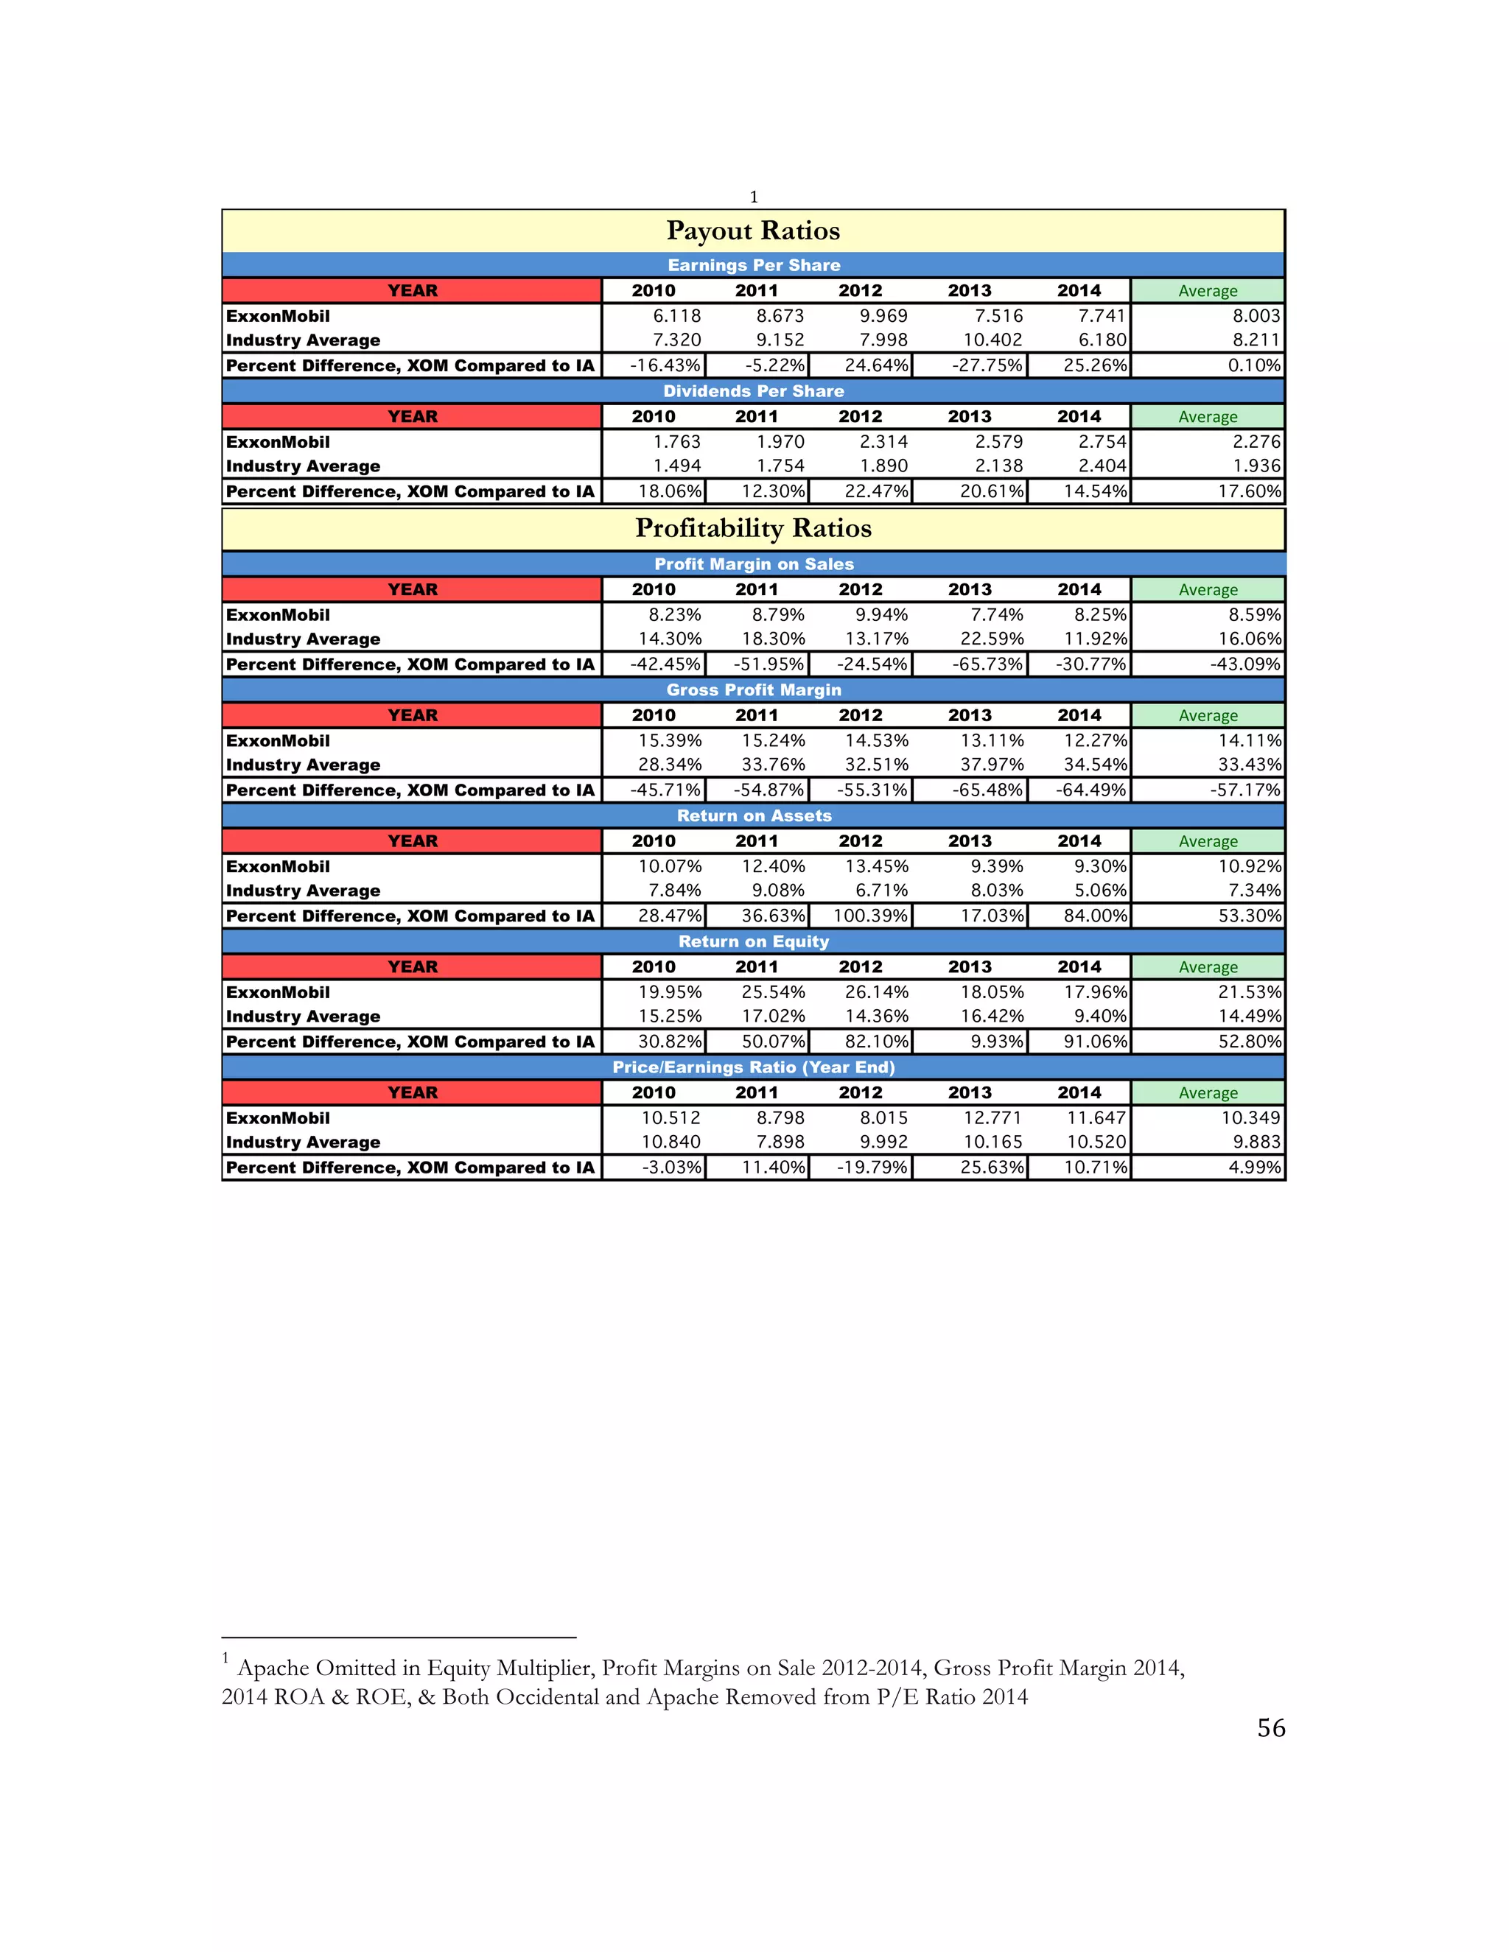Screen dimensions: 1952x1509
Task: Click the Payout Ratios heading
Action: (753, 231)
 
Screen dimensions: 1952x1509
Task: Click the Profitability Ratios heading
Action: (753, 528)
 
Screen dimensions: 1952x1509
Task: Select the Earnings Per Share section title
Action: (753, 265)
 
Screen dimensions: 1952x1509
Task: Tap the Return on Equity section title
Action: (753, 941)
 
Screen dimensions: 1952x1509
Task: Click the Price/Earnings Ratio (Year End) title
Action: (753, 1067)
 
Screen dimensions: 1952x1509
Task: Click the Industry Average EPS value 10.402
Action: (992, 340)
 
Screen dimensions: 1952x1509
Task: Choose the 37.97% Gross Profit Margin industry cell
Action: (992, 764)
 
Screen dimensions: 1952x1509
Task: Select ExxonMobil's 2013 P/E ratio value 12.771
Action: (992, 1118)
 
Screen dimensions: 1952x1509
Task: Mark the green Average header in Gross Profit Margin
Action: (1207, 715)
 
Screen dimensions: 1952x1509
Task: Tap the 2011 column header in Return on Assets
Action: (756, 841)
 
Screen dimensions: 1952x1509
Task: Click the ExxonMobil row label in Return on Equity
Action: (278, 992)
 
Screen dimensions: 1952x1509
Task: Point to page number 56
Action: (1270, 1727)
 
